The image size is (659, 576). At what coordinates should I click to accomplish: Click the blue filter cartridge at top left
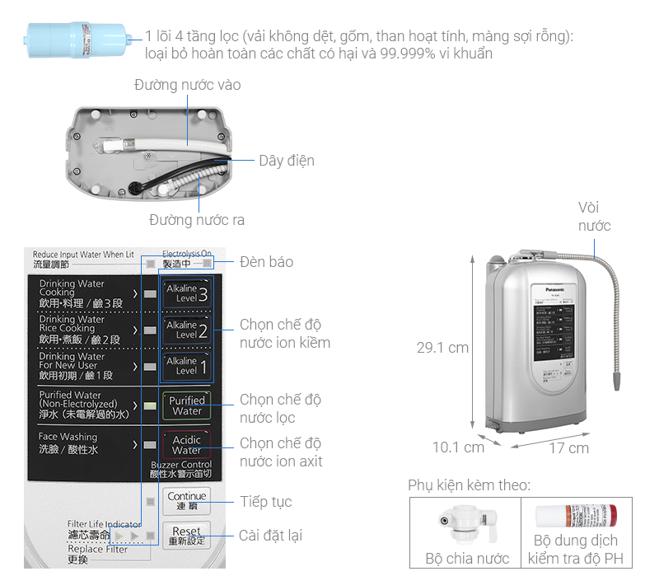click(x=78, y=40)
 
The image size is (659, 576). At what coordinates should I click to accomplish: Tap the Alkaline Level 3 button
click(x=186, y=293)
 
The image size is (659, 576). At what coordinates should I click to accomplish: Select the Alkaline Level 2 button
click(x=186, y=330)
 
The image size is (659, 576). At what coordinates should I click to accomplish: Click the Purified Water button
click(x=186, y=405)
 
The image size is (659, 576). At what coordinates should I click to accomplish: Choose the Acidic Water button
click(x=186, y=445)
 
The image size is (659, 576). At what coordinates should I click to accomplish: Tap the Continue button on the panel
click(x=187, y=500)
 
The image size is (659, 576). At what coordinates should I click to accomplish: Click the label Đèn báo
click(x=266, y=262)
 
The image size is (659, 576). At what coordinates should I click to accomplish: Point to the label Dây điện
click(x=286, y=161)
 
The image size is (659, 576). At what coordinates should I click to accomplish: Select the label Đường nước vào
click(x=188, y=85)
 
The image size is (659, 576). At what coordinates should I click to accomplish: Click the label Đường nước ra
click(x=196, y=220)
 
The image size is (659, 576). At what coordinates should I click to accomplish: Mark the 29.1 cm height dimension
click(x=442, y=348)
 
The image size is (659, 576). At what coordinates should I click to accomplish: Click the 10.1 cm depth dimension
click(x=458, y=447)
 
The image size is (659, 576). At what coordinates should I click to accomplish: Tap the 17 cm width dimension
click(x=568, y=448)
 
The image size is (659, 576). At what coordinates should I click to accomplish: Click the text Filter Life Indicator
click(x=104, y=524)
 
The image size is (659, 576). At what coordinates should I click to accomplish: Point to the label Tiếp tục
click(x=265, y=502)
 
